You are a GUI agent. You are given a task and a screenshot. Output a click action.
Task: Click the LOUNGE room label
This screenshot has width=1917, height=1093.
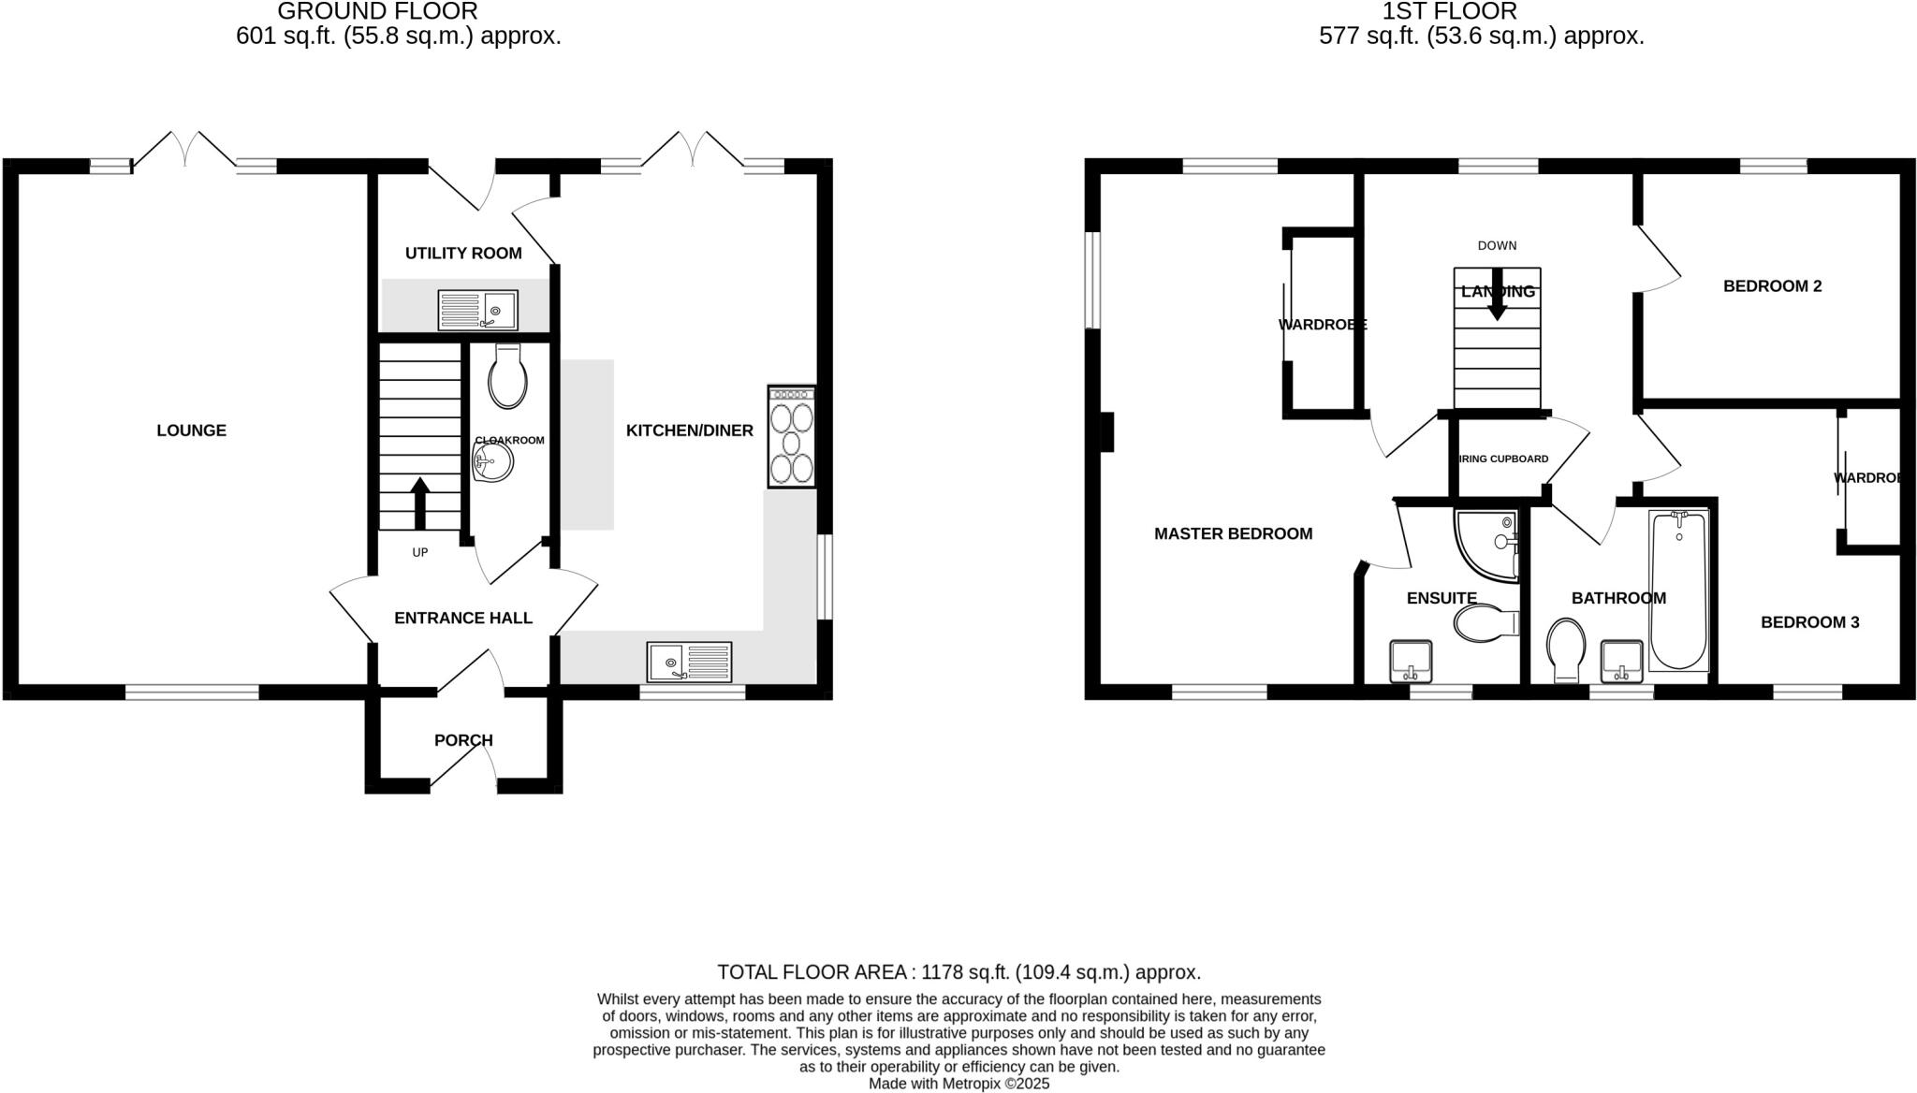coord(191,430)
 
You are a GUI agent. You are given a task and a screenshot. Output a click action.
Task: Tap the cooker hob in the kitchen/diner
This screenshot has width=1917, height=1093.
coord(792,438)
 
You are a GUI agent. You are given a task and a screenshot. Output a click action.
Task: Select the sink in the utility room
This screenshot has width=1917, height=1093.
coord(478,310)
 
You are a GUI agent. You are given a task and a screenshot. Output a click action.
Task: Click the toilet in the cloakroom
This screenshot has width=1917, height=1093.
coord(507,376)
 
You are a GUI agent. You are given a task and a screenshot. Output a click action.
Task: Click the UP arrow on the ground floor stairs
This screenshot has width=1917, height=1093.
coord(419,503)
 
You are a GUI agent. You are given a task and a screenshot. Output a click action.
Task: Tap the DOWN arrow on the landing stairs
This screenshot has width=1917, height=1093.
coord(1497,295)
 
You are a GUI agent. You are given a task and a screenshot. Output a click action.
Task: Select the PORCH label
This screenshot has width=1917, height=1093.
coord(463,740)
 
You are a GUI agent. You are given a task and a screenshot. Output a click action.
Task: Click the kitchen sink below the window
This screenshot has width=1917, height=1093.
coord(689,662)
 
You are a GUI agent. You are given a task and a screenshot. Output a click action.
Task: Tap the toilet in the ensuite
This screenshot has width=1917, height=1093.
coord(1485,623)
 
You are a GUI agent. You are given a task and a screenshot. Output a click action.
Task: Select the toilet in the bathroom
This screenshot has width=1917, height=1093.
coord(1566,649)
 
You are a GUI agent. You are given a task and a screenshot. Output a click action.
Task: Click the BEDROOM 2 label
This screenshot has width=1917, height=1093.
coord(1772,286)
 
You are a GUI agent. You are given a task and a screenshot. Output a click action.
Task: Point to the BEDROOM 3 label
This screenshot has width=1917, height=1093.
coord(1809,622)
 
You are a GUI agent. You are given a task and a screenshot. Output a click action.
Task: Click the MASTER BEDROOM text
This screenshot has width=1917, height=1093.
coord(1233,533)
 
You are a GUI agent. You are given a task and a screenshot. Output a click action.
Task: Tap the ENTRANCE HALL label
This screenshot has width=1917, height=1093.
coord(462,618)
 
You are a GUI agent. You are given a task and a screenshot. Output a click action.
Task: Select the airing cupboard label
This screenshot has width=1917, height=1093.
coord(1503,459)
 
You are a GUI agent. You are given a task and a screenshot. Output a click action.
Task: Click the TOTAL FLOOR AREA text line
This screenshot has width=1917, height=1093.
coord(958,971)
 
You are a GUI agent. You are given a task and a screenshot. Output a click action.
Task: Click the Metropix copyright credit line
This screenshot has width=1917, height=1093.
coord(958,1084)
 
